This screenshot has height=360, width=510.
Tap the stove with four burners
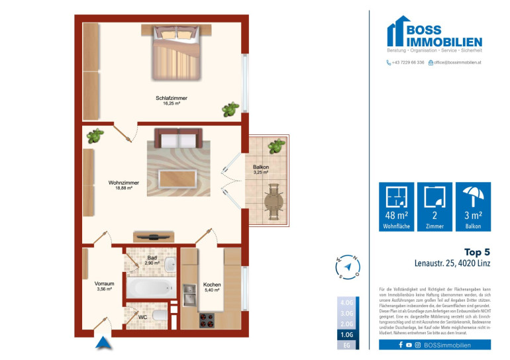207,320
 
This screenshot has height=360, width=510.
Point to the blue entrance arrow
102,343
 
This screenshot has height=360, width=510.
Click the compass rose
348,266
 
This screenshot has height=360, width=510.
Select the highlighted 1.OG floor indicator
346,335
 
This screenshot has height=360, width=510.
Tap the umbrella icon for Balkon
474,197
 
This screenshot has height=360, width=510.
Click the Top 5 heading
477,252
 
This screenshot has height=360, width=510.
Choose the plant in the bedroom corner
231,109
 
